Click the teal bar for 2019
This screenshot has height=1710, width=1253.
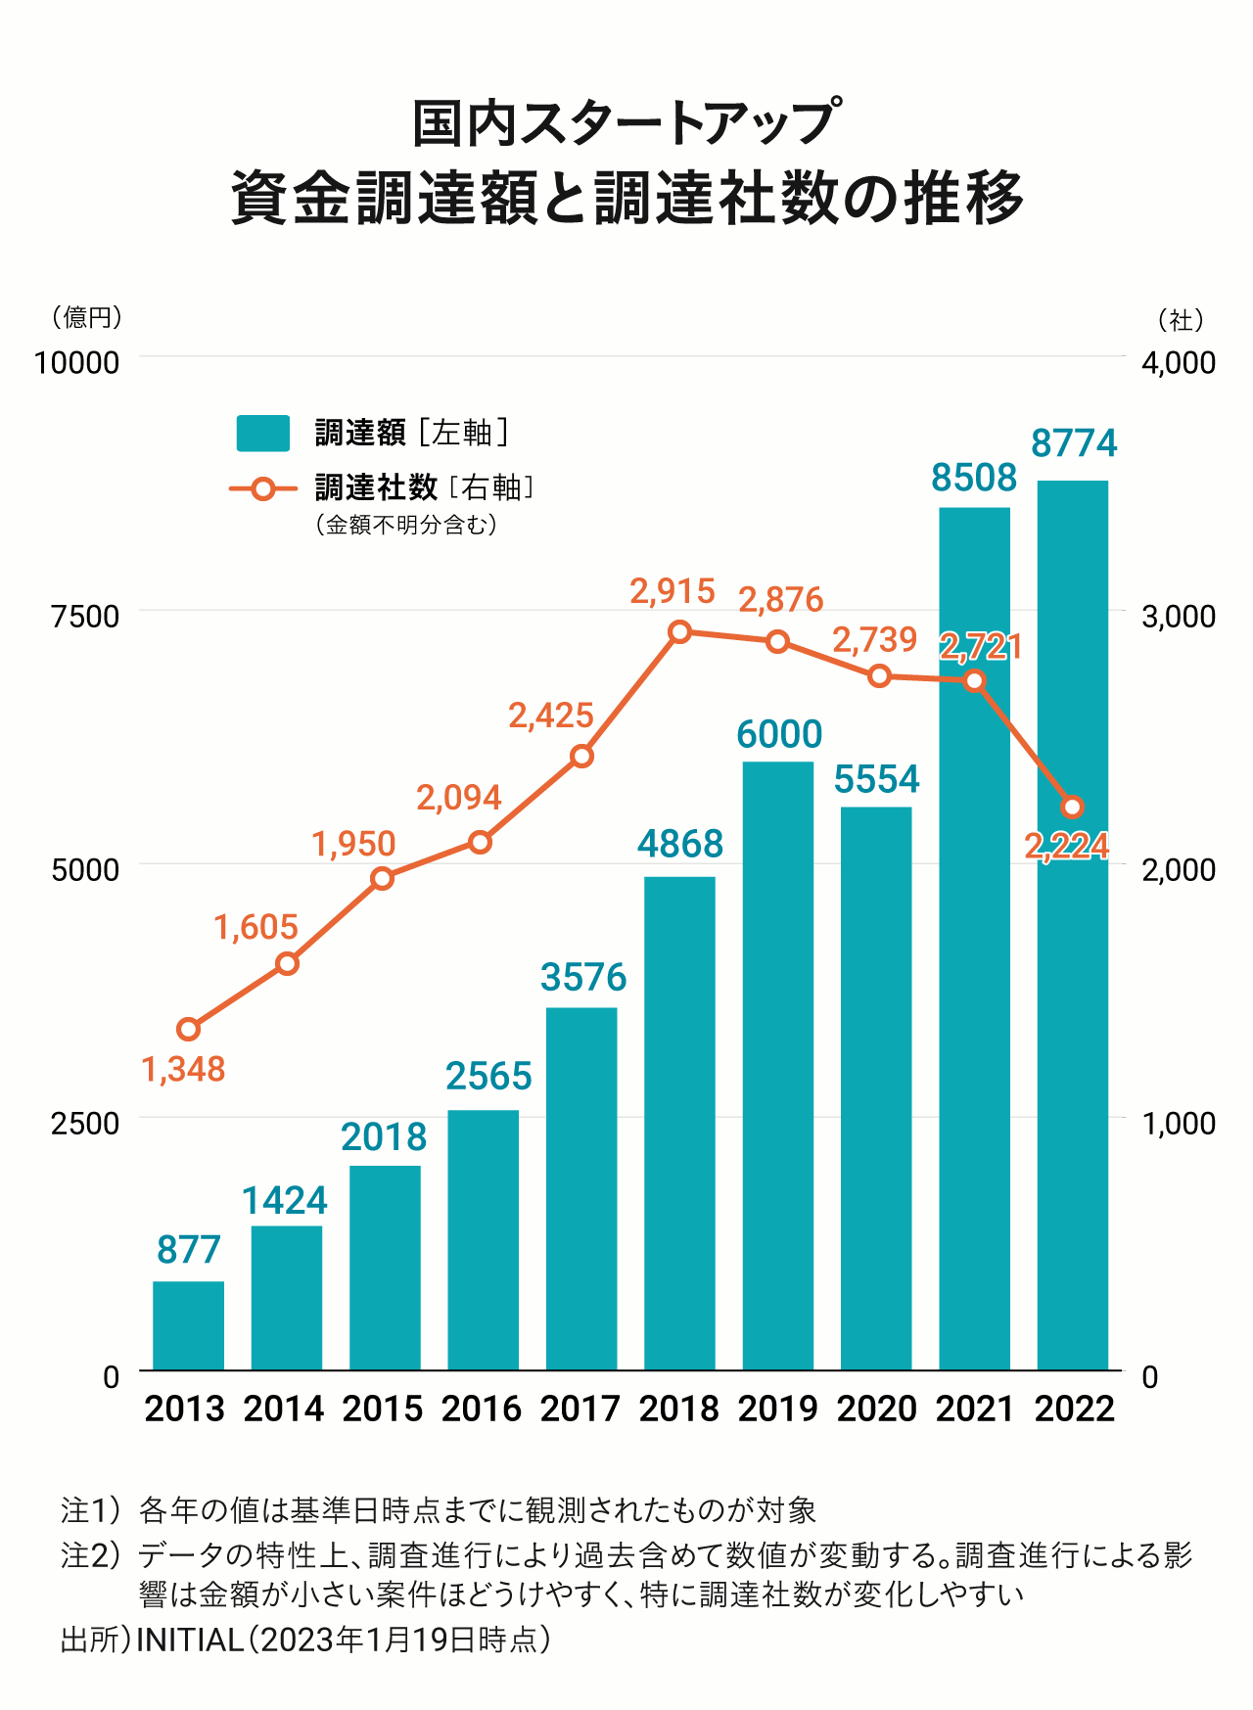tap(778, 1065)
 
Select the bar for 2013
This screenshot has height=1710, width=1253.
tap(189, 1325)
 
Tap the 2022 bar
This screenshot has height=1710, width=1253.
tap(1073, 925)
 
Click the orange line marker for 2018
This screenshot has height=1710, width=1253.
tap(680, 632)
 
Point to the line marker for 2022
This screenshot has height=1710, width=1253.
tap(1072, 808)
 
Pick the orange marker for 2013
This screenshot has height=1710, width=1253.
tap(189, 1029)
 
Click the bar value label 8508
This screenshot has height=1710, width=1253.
tap(974, 478)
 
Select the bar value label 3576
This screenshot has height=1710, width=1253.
tap(583, 977)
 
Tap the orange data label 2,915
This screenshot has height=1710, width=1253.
tap(673, 591)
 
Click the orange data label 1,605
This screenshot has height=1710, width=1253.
tap(255, 927)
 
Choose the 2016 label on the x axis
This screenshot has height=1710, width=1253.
tap(482, 1409)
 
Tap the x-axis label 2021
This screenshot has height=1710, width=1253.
tap(975, 1409)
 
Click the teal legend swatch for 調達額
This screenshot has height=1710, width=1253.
tap(263, 434)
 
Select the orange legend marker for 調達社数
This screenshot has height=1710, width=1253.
tap(263, 488)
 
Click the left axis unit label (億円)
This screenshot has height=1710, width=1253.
tap(86, 317)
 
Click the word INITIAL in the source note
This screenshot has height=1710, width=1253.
tap(189, 1640)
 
